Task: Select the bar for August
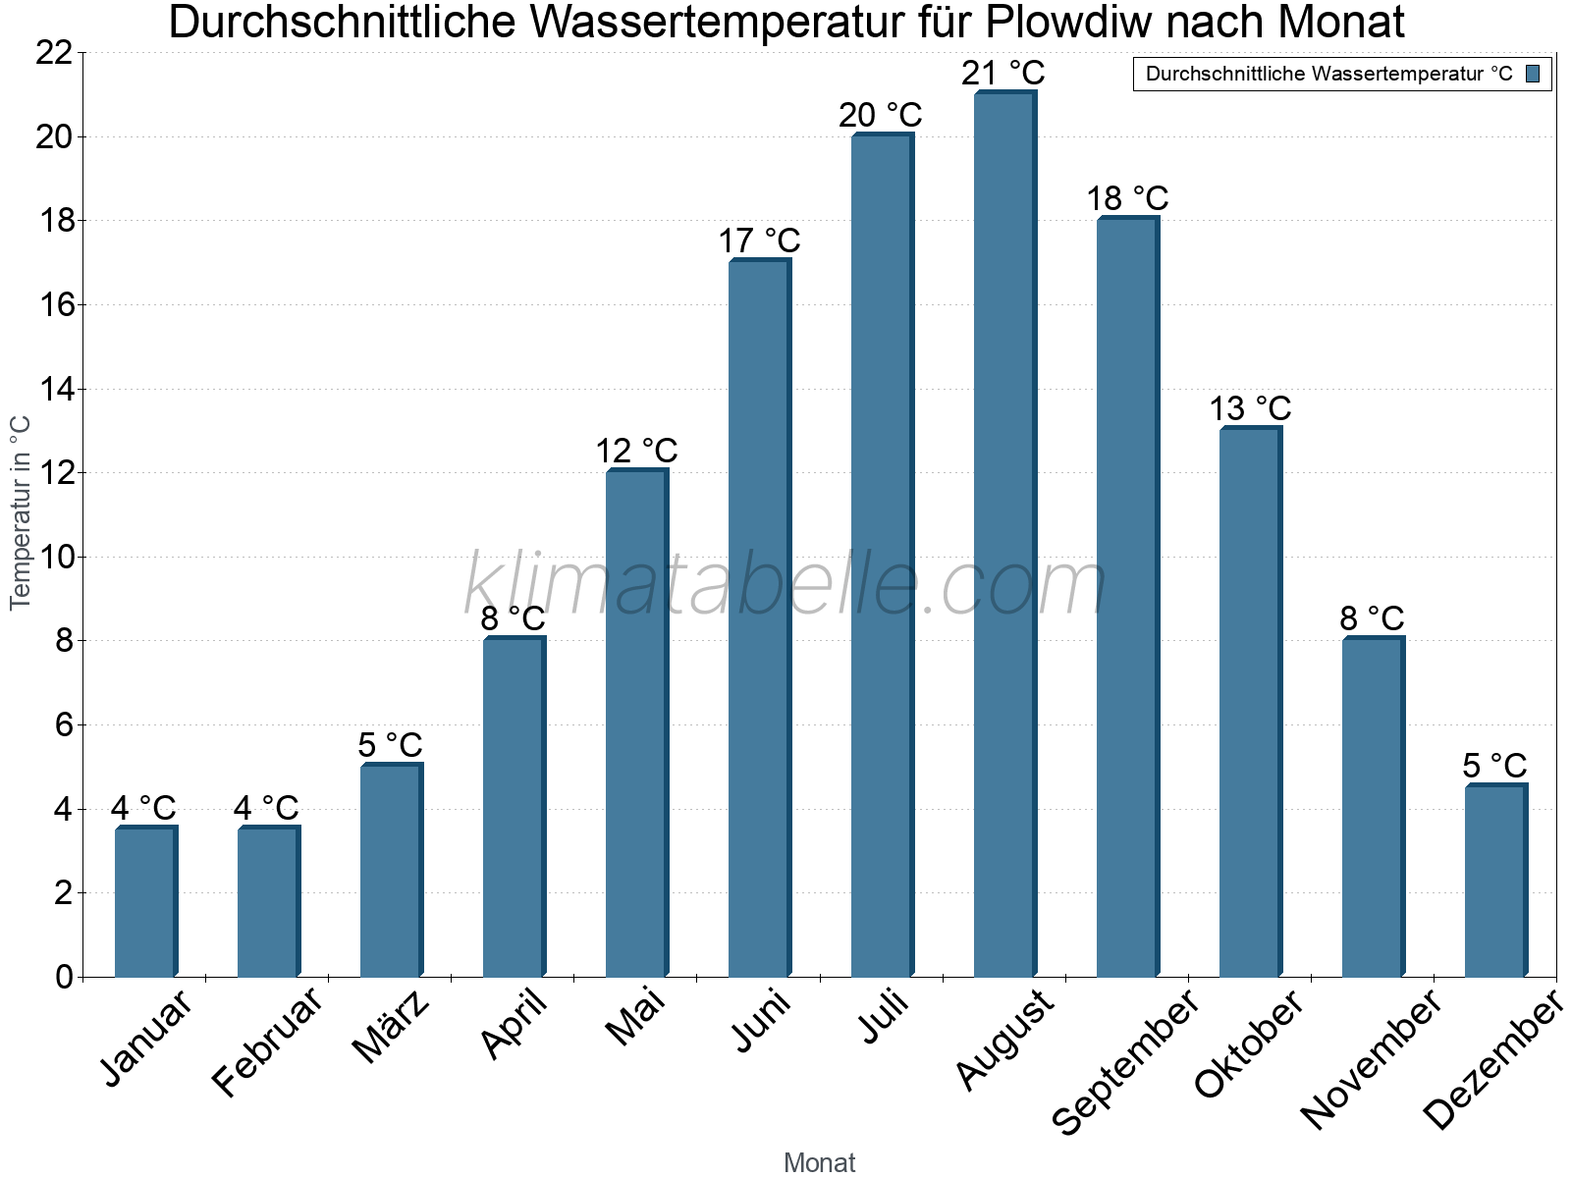tap(1004, 535)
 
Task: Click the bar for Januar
tap(145, 903)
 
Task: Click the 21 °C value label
tap(1003, 73)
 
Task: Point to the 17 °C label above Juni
tap(759, 241)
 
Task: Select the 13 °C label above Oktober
tap(1250, 408)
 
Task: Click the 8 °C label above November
tap(1372, 618)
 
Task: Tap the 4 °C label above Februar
tap(266, 808)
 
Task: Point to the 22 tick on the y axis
tap(55, 53)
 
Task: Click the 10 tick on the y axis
tap(55, 558)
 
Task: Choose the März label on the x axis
tap(391, 1027)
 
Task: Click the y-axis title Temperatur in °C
tap(21, 512)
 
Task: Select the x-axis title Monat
tap(819, 1162)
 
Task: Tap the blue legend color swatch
tap(1533, 74)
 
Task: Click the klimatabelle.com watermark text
tap(785, 585)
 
